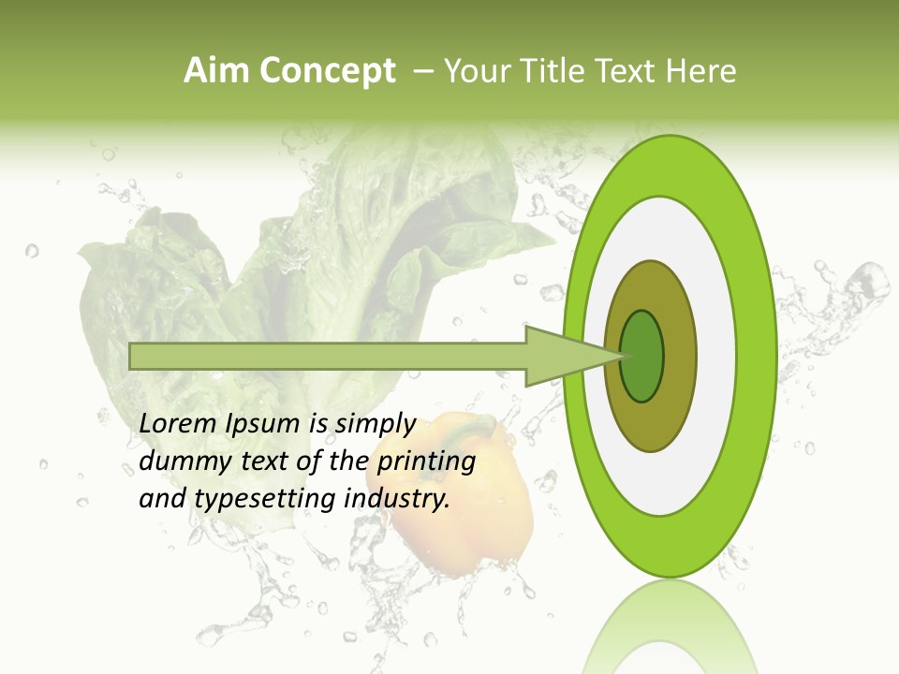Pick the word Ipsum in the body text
[264, 424]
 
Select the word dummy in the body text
[179, 461]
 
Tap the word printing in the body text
[426, 462]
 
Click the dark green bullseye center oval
[642, 356]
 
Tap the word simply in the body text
[375, 425]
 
